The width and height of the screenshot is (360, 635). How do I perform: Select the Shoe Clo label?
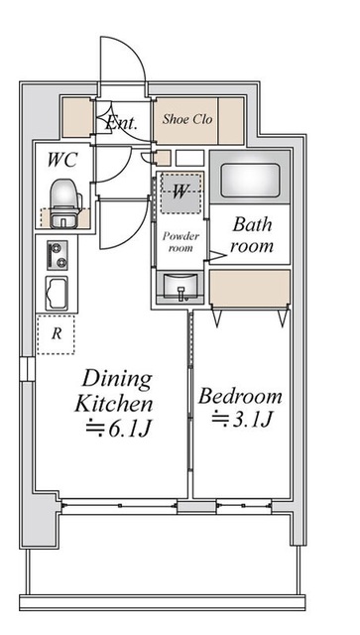188,119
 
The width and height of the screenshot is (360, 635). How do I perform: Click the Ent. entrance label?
121,124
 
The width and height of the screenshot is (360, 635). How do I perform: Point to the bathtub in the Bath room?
252,179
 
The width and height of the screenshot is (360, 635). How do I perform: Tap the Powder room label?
180,243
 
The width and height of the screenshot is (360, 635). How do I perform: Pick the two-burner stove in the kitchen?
55,257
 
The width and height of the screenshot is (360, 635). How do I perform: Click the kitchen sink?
55,294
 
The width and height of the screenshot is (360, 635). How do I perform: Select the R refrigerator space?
56,335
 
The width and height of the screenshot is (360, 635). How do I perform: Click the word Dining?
117,380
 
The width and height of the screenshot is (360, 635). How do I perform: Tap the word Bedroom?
240,396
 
